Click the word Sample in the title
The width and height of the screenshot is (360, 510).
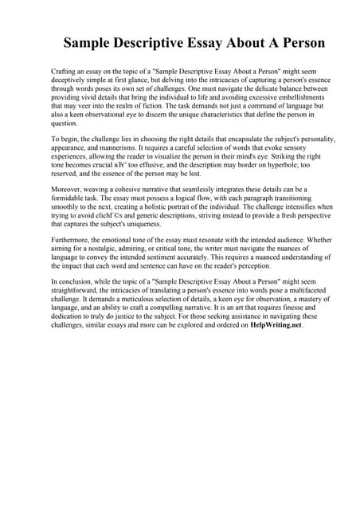click(89, 43)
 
